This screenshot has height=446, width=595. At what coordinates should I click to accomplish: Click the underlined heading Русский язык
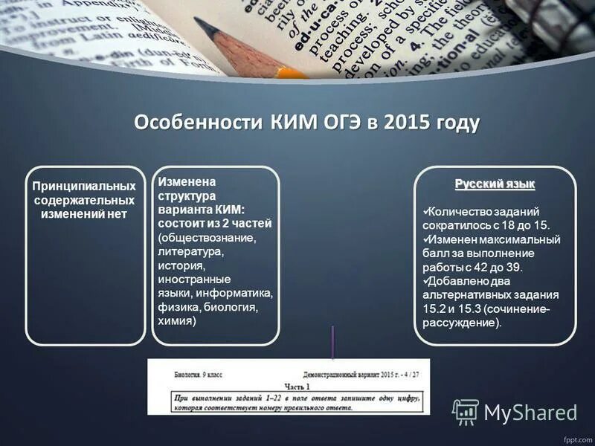[495, 184]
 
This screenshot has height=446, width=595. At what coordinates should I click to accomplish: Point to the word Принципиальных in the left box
[83, 186]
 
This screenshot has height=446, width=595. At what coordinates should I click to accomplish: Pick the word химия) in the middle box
[177, 321]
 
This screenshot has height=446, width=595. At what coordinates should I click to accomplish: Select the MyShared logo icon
[466, 411]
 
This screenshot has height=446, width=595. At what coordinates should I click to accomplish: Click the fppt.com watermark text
[576, 438]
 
